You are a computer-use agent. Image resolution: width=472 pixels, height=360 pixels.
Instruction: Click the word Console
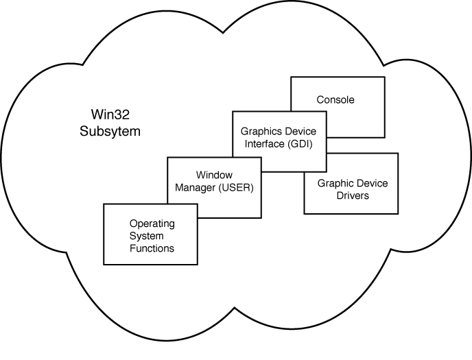335,100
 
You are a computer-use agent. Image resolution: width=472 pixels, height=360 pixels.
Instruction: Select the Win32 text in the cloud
110,114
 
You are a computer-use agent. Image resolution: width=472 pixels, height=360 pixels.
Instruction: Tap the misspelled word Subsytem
110,130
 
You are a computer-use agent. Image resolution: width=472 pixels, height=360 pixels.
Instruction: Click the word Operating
152,224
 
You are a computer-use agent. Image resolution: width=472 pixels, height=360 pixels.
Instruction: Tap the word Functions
152,248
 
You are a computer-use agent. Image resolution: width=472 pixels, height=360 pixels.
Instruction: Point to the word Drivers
353,195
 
